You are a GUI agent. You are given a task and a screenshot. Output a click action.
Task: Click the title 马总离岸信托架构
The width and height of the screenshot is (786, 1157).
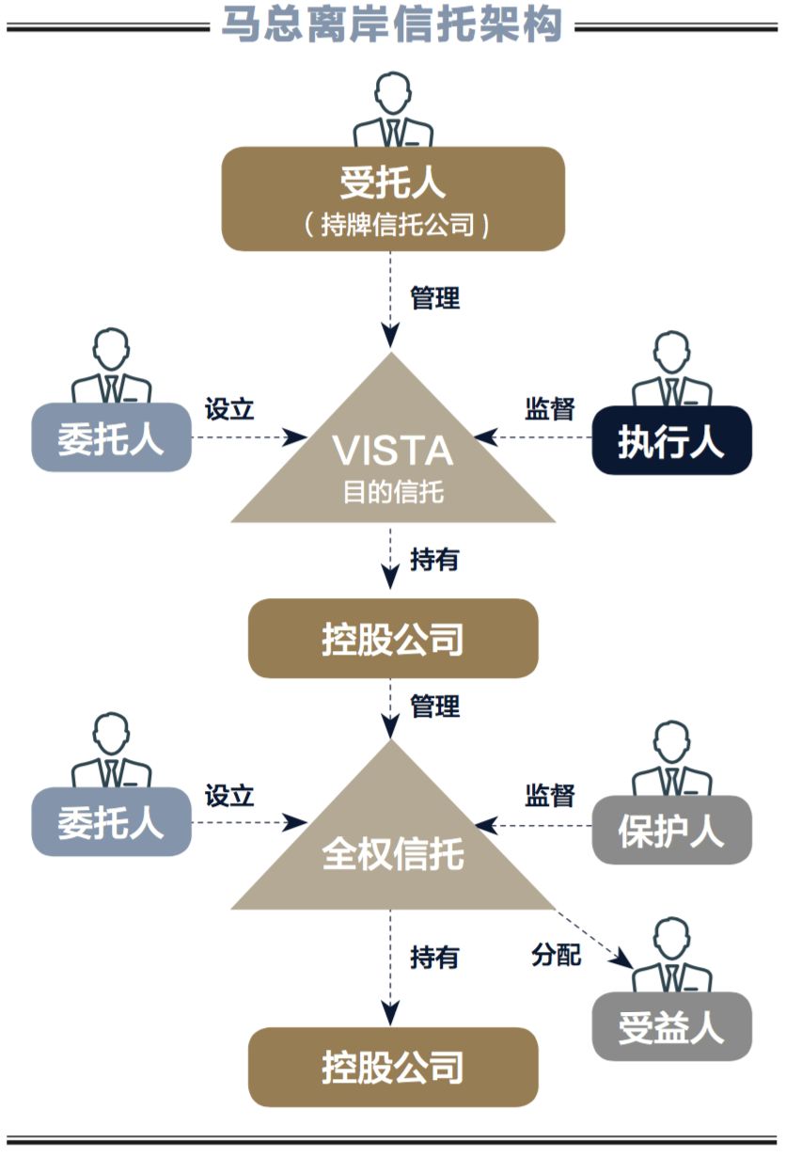coord(392,24)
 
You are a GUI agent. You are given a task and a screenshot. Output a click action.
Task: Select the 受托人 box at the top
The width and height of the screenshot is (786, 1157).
coord(392,198)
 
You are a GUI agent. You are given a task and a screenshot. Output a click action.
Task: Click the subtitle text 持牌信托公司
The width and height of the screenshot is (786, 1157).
coord(395,227)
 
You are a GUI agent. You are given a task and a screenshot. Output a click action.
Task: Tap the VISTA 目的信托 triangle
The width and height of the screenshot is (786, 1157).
coord(393,462)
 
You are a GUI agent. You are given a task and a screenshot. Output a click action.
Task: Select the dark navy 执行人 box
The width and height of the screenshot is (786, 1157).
coord(671,440)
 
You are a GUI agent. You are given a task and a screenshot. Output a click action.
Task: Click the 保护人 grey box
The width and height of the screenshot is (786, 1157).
coord(671,830)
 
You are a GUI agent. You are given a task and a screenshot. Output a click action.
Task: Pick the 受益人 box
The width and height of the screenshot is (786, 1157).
coord(671,1026)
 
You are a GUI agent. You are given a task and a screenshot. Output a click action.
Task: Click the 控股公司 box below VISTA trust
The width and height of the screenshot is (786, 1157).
coord(392,639)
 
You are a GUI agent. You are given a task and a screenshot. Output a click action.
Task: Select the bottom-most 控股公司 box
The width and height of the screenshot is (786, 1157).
coord(392,1067)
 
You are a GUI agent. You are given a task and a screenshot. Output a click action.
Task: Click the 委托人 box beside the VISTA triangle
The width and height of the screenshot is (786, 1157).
coord(111,437)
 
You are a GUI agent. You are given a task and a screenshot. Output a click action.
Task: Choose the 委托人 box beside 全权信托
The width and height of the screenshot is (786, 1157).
coord(111,822)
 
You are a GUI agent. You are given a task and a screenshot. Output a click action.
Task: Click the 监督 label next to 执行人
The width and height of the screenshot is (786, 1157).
coord(549,409)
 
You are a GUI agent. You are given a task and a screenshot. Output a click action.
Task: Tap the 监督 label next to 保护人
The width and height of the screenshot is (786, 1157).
coord(549,795)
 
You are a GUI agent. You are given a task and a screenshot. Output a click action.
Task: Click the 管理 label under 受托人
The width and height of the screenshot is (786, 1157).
coord(434,298)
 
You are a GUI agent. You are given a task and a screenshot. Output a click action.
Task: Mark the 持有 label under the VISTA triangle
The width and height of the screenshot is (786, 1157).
coord(434,560)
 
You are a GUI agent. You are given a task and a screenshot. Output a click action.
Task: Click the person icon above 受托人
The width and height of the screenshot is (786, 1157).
coord(393,111)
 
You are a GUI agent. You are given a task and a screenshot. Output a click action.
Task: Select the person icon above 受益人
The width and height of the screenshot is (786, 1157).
coord(671,958)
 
